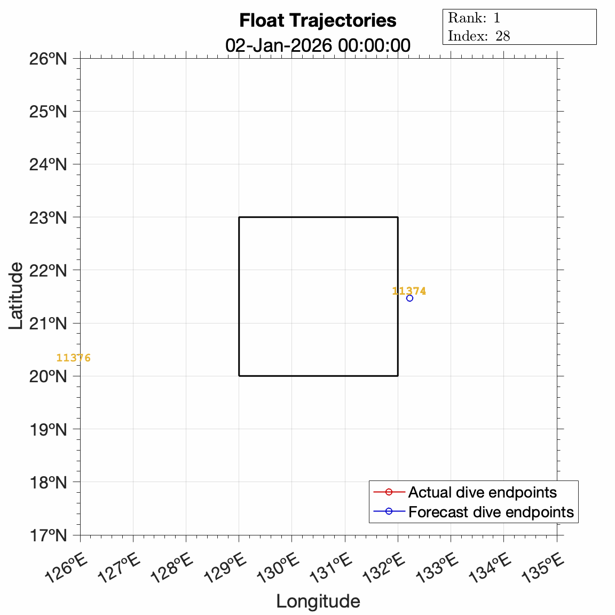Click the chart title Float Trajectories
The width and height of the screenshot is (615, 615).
click(318, 21)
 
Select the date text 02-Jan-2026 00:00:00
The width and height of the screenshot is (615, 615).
click(318, 45)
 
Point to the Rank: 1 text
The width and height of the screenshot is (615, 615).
click(474, 18)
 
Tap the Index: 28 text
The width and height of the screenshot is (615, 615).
click(479, 36)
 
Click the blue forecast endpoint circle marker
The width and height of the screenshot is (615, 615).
click(409, 298)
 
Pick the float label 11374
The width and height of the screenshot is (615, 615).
click(409, 291)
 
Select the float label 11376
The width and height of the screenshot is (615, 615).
click(73, 358)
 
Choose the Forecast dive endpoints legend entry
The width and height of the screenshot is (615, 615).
click(491, 512)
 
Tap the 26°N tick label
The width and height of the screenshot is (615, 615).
click(48, 58)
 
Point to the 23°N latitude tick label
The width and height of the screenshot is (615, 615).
click(48, 217)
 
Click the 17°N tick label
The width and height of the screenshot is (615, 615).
click(48, 535)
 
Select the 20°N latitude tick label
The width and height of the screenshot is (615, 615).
click(48, 376)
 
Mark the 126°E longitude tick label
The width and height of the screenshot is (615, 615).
click(66, 568)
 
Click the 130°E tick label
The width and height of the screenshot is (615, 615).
click(278, 568)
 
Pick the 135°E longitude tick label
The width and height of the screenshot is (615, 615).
click(543, 568)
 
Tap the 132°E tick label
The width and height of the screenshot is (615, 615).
click(384, 568)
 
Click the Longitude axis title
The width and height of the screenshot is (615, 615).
click(318, 602)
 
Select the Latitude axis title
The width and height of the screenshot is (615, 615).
click(16, 296)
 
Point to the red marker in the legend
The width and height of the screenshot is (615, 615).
click(389, 492)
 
